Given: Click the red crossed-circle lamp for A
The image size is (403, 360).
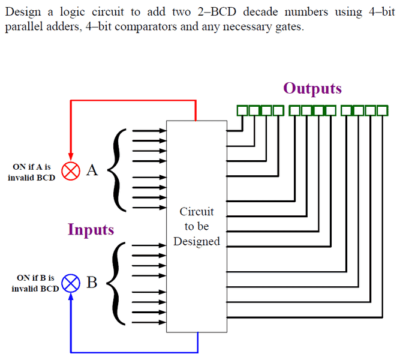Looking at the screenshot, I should coord(71,171).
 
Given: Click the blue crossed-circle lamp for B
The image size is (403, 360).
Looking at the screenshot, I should coord(71,283).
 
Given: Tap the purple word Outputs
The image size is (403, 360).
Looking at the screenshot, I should coord(312,89).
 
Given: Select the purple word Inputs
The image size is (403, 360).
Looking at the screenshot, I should coord(91,230).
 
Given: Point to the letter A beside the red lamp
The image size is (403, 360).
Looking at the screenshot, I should coord(92,170).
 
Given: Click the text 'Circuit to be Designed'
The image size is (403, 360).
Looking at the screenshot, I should coord(197,227).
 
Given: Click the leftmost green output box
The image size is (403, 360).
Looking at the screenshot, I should coord(242,110).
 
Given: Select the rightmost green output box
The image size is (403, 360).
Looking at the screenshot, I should coord(383,110).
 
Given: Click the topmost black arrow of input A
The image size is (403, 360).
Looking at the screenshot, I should coord(149,130).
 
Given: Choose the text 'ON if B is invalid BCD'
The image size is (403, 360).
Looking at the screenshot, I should coord(35,283).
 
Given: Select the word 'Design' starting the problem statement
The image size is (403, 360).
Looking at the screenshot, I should coord(20,12).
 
